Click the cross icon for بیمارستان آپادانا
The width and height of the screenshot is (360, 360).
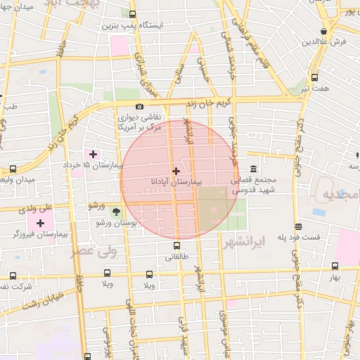pos(176,171)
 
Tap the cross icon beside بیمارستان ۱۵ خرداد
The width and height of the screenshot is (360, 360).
pos(93,154)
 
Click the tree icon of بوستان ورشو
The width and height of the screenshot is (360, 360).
pos(116,212)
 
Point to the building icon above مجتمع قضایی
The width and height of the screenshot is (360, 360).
pos(253,170)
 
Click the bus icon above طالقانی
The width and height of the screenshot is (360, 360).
pos(176,246)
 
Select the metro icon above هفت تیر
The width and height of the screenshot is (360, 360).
pos(314,78)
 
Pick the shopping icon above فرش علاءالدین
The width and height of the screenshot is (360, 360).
pos(323,32)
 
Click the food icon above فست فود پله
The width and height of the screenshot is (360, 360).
pos(299,226)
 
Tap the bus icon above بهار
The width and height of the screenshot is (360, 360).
pos(335,266)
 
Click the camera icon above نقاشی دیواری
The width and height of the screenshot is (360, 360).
pos(140,106)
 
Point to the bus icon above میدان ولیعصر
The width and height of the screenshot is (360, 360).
pos(13,169)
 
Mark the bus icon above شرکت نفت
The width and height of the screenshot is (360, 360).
pos(13,276)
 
